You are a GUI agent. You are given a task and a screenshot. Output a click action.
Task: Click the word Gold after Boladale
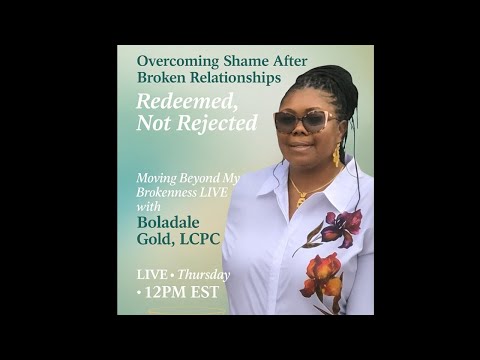[x=153, y=239]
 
